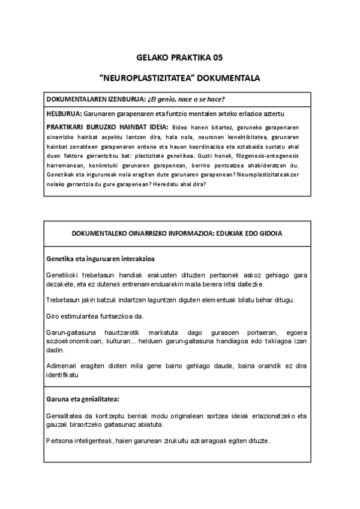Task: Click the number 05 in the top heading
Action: (216, 58)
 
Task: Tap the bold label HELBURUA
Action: (64, 113)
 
